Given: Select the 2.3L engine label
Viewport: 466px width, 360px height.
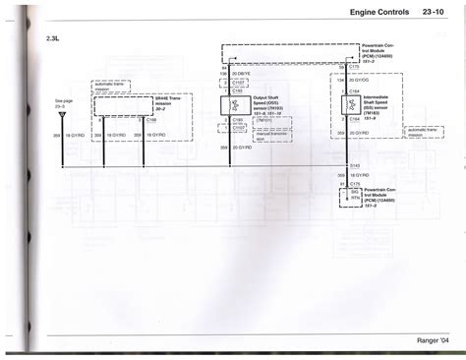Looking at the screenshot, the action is tap(53, 38).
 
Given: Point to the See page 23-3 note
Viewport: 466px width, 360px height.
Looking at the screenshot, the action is tap(64, 102).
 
